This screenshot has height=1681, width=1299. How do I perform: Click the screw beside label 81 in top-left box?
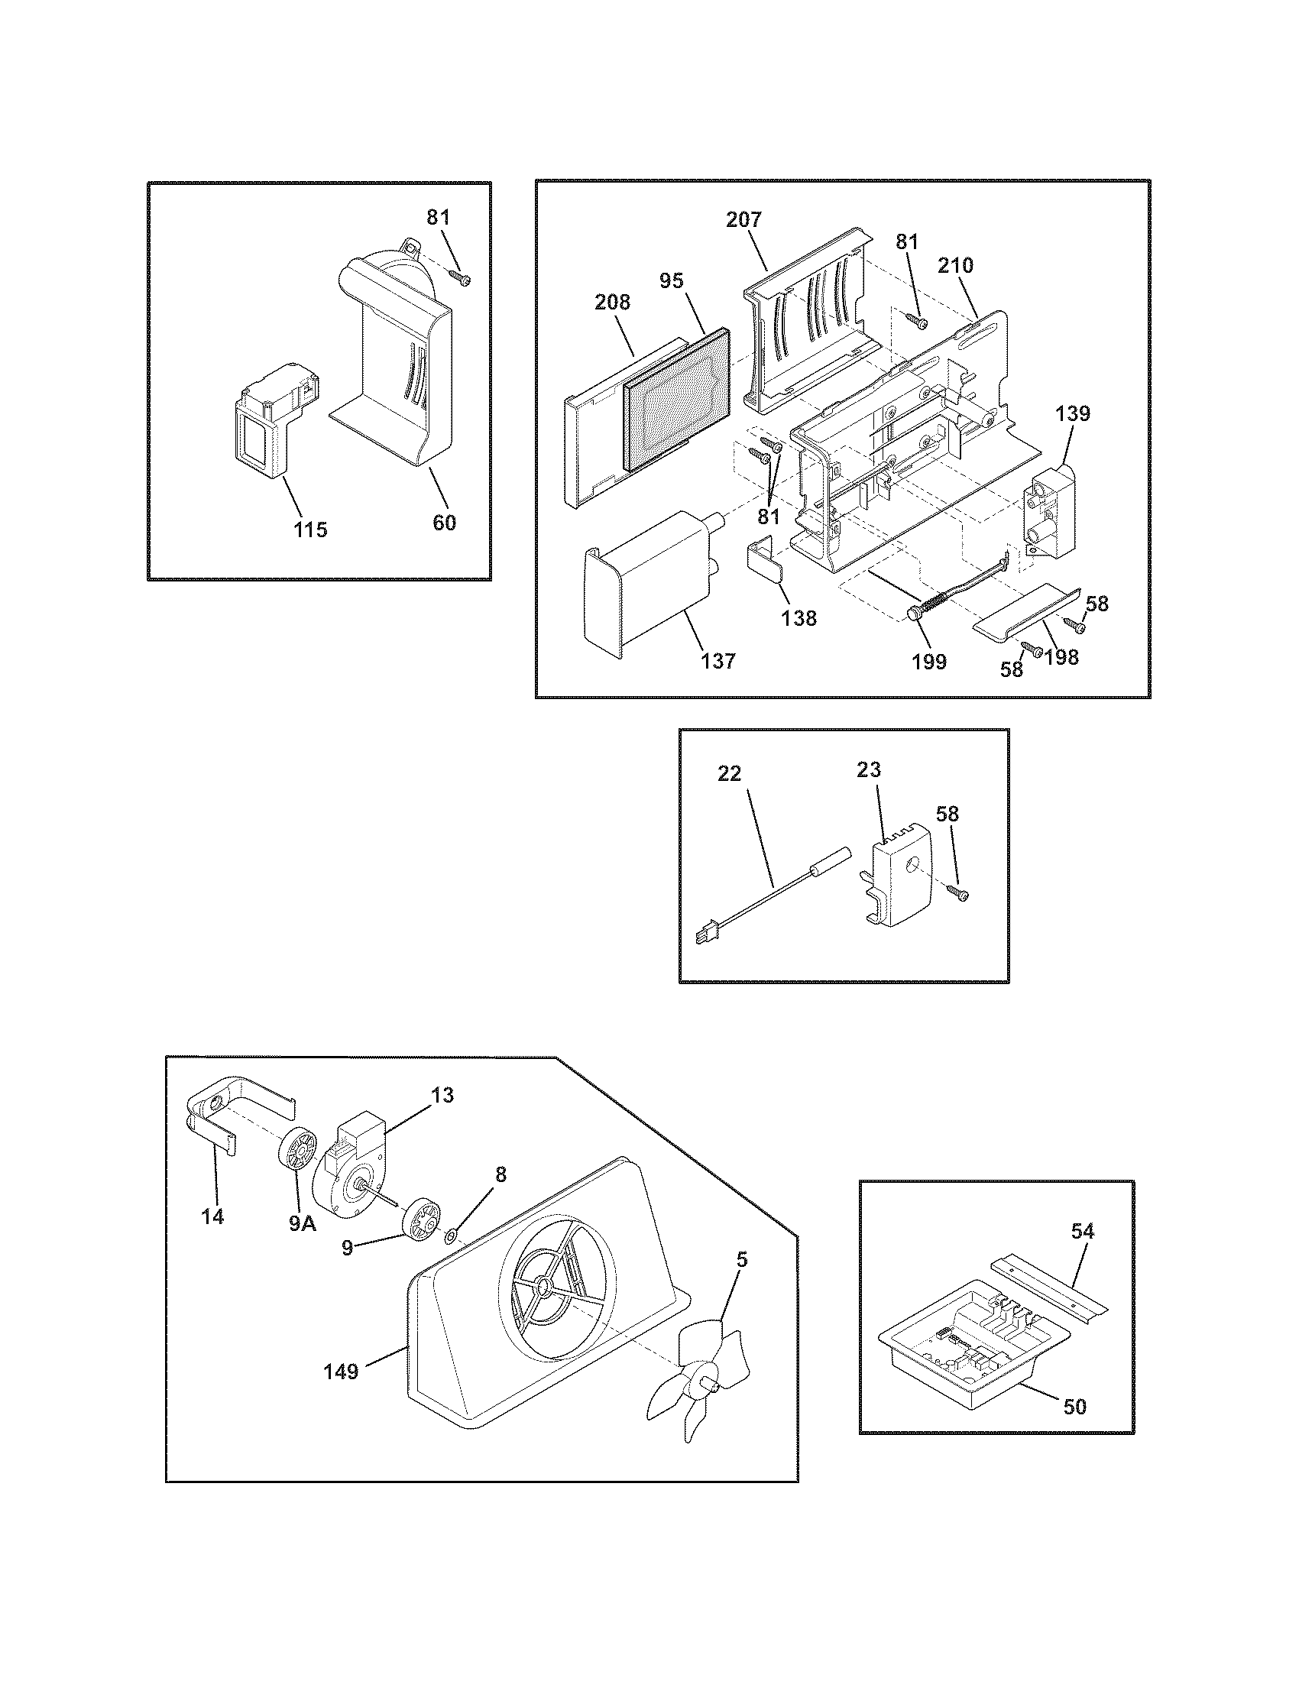coord(460,276)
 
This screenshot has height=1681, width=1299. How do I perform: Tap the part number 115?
coord(310,530)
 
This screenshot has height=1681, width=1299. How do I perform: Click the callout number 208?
coord(613,303)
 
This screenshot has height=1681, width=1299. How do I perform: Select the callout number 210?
coord(955,266)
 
